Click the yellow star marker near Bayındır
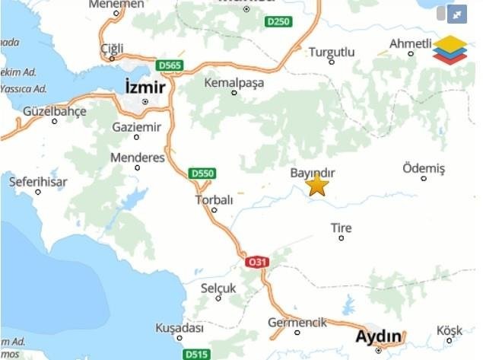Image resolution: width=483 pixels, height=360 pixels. pos(317,184)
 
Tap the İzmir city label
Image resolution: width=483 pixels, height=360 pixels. pos(145,88)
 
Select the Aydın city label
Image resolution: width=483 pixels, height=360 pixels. pos(379,336)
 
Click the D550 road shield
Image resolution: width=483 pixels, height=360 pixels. pos(202,174)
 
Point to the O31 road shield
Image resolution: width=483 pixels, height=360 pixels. pos(257,262)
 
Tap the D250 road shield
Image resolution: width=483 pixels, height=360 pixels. pos(278,21)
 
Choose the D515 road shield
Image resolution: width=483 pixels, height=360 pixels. pos(197,354)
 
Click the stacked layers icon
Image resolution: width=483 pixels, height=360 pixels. pos(450,49)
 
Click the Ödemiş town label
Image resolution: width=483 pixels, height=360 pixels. pos(424,167)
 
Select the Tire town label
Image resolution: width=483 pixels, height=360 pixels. pos(342,228)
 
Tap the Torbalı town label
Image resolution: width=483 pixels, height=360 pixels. pos(214,200)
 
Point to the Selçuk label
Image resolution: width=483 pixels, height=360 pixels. pos(218,288)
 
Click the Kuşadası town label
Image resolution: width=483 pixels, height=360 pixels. pos(180,328)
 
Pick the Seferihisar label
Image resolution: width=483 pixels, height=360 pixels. pos(38,182)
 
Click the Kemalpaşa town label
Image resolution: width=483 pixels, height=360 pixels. pos(234,82)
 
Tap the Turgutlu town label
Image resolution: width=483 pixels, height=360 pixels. pos(332,52)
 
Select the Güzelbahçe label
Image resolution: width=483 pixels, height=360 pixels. pos(54,111)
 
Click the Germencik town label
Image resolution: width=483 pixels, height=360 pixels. pos(297,323)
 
